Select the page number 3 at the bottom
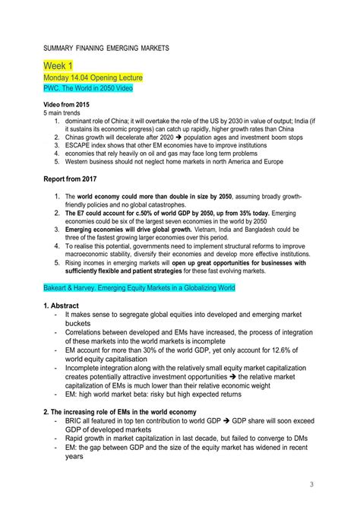click(311, 484)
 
